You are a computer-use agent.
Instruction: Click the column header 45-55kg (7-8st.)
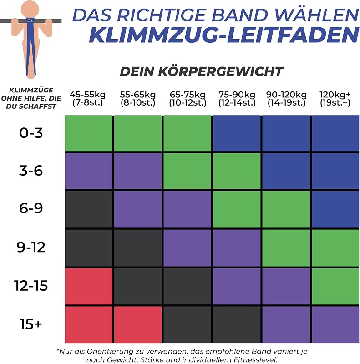point(87,98)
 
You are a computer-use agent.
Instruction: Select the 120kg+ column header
point(335,98)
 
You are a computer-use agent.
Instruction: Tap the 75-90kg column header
point(237,98)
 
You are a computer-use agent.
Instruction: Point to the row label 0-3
point(31,133)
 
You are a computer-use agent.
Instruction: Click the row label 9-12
point(31,247)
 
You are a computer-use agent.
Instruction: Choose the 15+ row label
point(30,324)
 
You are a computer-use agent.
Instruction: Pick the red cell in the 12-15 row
point(89,287)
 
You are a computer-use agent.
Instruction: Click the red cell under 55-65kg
point(138,324)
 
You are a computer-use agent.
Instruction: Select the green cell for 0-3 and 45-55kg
point(89,133)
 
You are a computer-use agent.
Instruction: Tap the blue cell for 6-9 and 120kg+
point(335,209)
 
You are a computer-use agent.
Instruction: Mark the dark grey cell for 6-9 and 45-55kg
point(89,209)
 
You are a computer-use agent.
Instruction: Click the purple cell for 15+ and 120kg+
point(335,324)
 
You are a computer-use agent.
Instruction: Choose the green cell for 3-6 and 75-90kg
point(237,171)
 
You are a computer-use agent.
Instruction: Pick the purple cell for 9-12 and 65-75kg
point(188,248)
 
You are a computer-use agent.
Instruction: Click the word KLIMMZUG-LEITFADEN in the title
point(224,35)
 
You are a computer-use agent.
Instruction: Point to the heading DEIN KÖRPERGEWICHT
point(201,71)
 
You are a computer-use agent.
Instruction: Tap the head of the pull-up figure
point(30,9)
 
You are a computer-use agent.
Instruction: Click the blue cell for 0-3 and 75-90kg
point(237,133)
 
